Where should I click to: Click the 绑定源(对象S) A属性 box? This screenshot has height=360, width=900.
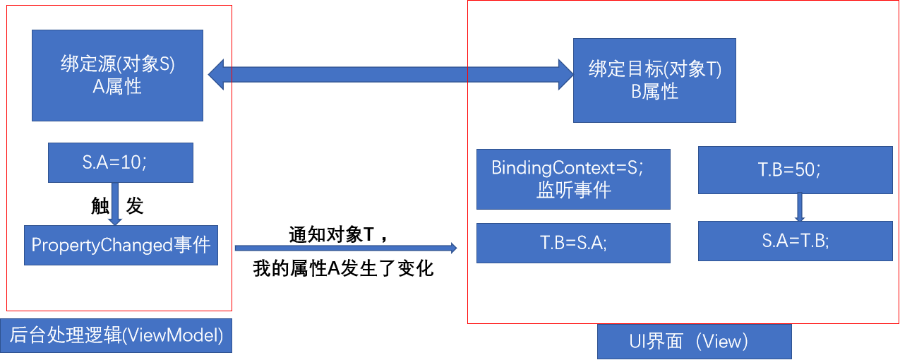coord(117,75)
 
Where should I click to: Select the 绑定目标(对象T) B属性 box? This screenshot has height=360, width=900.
coord(654,80)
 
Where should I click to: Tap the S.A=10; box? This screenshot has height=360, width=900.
coord(120,162)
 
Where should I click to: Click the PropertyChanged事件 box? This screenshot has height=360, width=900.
coord(121,245)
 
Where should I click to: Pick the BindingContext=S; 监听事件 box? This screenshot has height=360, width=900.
coord(572,179)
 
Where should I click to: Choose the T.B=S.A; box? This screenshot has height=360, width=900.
coord(572,243)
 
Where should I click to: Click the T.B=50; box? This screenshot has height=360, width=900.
coord(795,169)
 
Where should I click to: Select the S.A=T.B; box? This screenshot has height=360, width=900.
coord(795,241)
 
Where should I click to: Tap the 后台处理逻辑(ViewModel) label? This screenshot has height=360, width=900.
coord(116,336)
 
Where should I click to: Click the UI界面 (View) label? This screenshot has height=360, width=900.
coord(694,342)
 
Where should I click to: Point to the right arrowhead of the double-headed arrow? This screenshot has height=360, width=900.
coord(565,74)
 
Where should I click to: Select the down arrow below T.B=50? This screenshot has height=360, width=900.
coord(800,207)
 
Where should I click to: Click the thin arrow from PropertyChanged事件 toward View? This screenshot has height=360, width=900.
coord(346,248)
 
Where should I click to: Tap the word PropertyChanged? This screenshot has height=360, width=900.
coord(102,245)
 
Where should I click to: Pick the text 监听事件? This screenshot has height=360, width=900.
coord(572,191)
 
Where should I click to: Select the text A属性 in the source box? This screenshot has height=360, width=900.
coord(117,87)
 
